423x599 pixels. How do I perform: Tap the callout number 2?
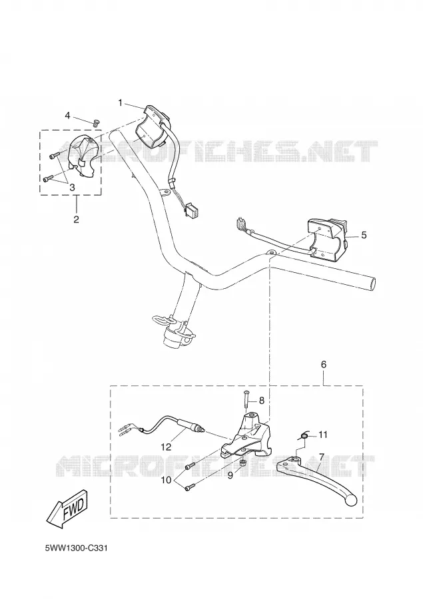pyautogui.click(x=76, y=219)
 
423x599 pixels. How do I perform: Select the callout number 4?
pyautogui.click(x=67, y=115)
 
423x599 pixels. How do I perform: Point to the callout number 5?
pyautogui.click(x=364, y=234)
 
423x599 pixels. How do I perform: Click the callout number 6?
pyautogui.click(x=324, y=365)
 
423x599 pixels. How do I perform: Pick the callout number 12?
pyautogui.click(x=167, y=446)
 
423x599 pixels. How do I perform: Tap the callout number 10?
pyautogui.click(x=167, y=480)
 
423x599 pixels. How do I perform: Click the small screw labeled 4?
pyautogui.click(x=96, y=122)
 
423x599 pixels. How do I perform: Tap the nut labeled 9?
pyautogui.click(x=242, y=463)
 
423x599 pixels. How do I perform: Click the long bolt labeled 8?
pyautogui.click(x=247, y=401)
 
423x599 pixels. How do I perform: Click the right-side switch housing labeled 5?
pyautogui.click(x=326, y=239)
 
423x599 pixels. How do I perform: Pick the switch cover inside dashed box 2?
pyautogui.click(x=83, y=156)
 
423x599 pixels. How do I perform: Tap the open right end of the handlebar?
pyautogui.click(x=373, y=284)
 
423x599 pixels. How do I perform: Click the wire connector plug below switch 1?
pyautogui.click(x=191, y=210)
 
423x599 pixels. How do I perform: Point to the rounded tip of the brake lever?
pyautogui.click(x=351, y=499)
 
